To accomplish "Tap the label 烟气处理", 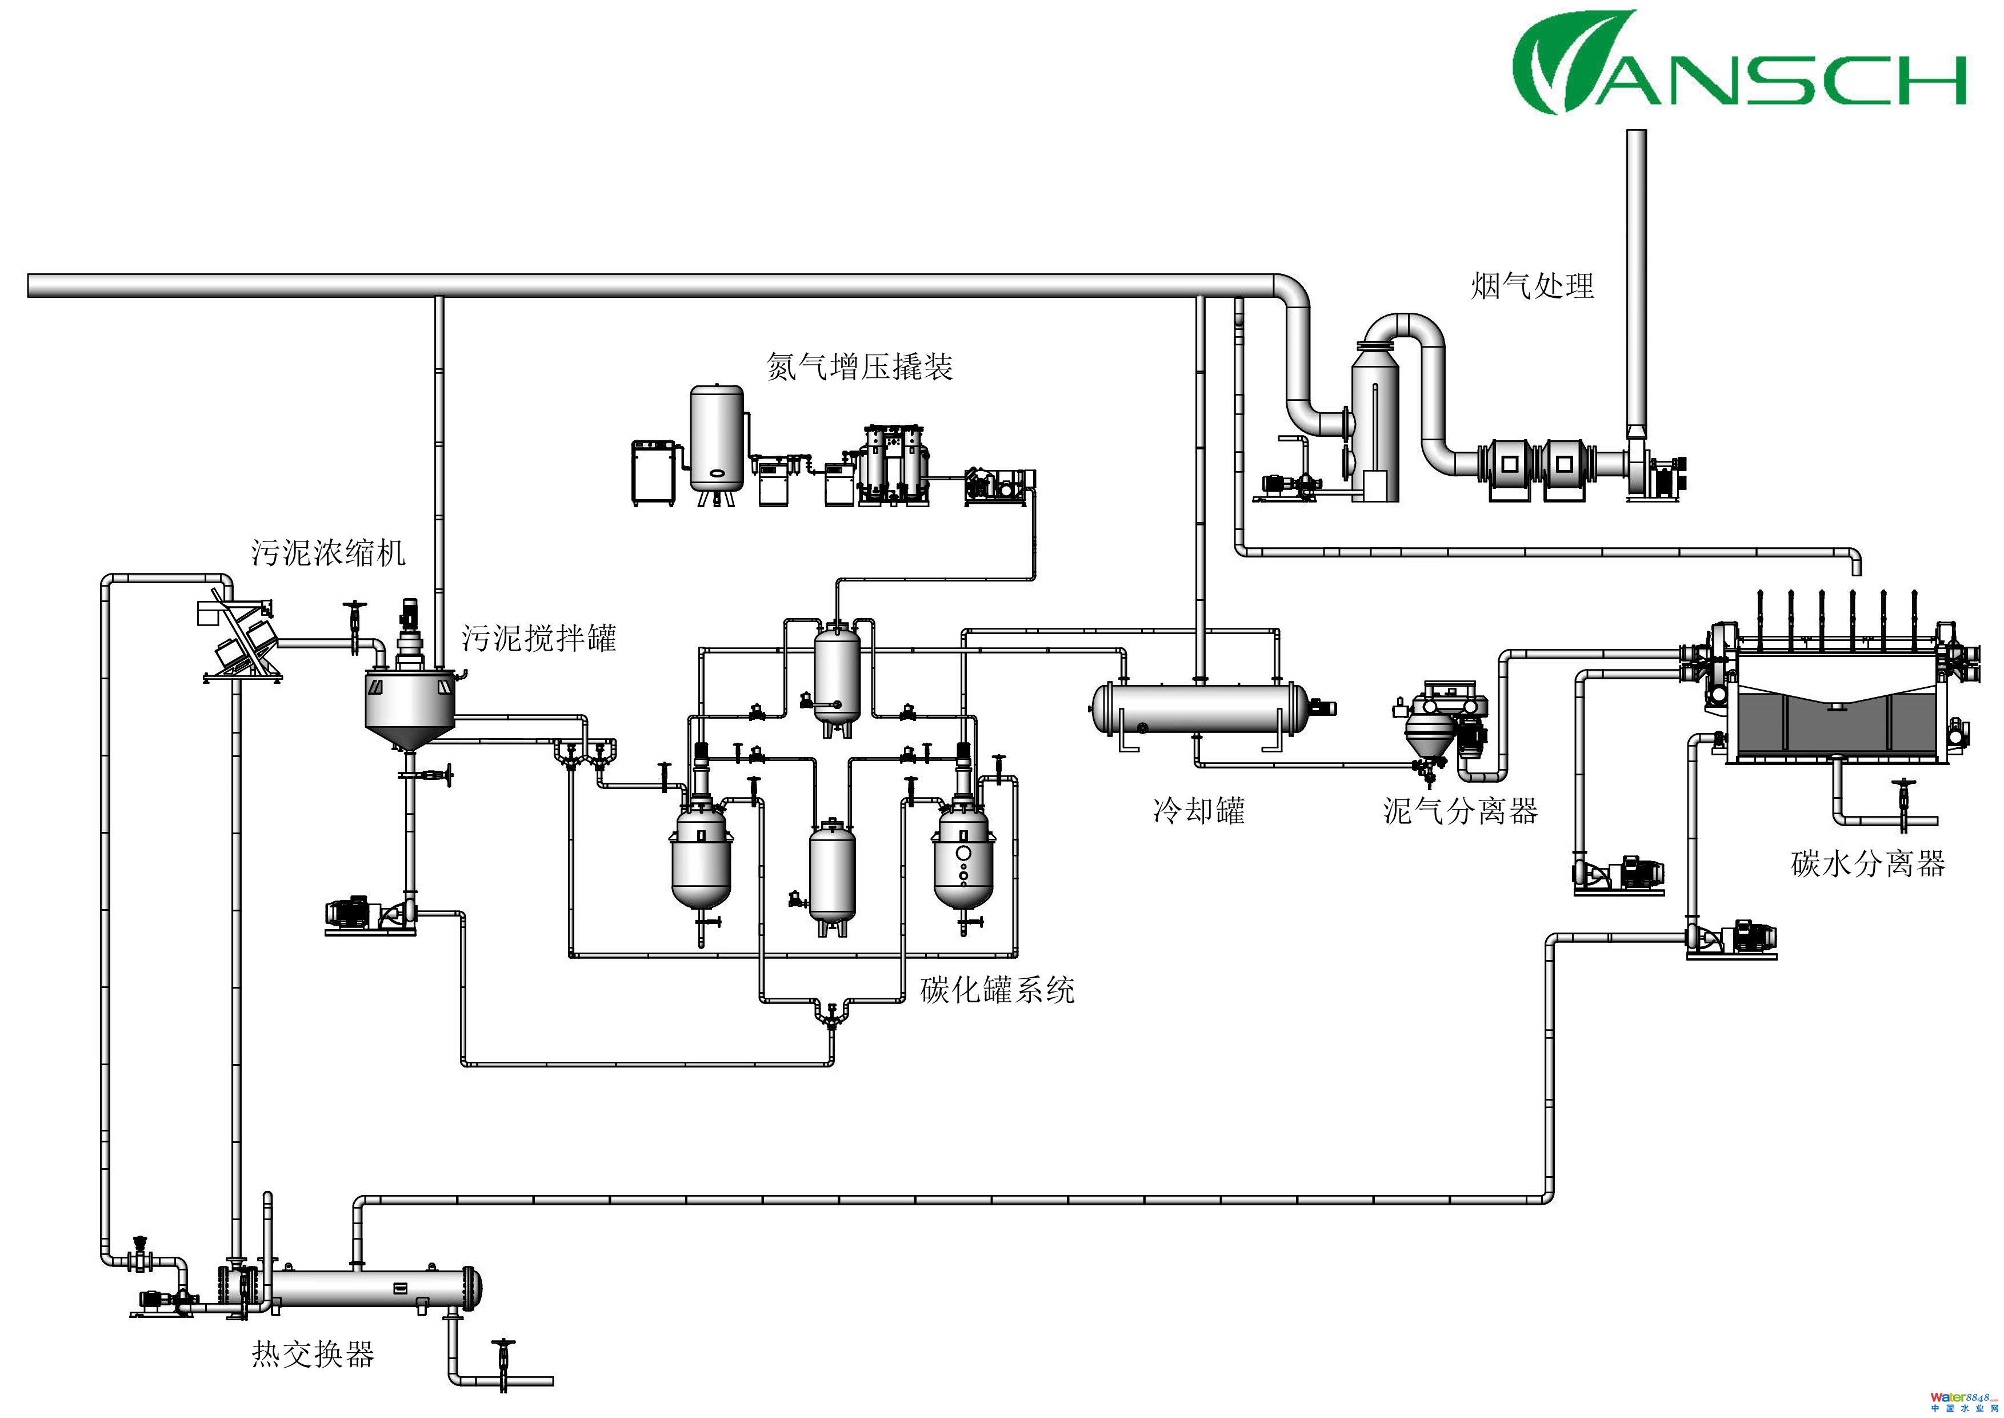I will [1533, 285].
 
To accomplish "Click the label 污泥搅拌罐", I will [538, 638].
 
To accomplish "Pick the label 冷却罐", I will [1198, 811].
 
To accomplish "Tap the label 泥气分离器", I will [1460, 811].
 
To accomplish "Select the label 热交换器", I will [313, 1355].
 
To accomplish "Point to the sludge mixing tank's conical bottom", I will [409, 736].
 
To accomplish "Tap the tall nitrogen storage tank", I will [718, 439].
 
